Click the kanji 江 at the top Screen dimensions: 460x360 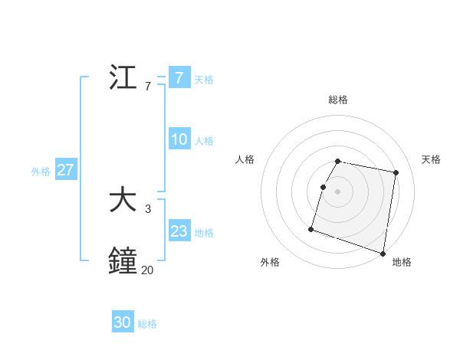coord(123,78)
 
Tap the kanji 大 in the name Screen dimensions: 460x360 coord(123,201)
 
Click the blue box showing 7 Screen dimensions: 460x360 coord(179,77)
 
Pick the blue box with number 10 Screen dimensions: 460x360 coord(179,139)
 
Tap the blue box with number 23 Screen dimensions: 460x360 coord(179,231)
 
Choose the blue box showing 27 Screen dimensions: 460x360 coord(65,170)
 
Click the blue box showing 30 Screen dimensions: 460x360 coord(122,322)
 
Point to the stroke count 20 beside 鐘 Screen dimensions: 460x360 coord(147,270)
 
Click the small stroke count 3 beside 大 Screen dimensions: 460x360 coord(147,208)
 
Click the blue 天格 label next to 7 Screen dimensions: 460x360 coord(203,79)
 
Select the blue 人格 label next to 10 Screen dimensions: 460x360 coord(203,141)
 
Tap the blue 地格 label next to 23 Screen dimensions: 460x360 coord(203,233)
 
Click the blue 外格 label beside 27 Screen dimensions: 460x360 coord(41,172)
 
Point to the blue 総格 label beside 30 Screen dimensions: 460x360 coord(147,324)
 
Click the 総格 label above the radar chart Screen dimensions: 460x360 coord(337,100)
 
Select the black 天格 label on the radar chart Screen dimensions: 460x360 coord(431,159)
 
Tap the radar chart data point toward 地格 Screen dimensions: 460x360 coord(383,253)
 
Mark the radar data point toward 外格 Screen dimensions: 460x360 coord(311,228)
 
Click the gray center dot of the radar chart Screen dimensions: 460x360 coord(337,191)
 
